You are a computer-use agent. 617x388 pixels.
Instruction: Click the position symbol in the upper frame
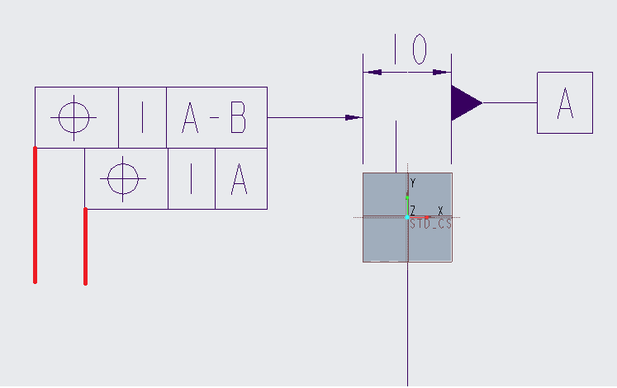click(x=74, y=117)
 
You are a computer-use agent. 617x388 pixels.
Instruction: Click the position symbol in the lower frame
click(x=123, y=179)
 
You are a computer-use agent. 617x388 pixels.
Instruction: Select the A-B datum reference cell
click(x=216, y=117)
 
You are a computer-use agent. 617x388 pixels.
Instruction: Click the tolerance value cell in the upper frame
click(x=142, y=117)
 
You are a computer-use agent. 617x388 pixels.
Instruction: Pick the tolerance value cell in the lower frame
click(x=192, y=179)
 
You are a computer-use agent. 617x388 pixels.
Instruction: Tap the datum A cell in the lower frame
click(x=241, y=179)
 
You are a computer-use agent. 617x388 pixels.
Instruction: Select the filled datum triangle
click(x=464, y=103)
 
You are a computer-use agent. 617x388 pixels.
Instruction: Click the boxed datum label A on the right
click(x=565, y=102)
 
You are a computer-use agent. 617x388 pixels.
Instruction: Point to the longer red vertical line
click(x=35, y=215)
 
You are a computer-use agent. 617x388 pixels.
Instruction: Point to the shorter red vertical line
click(x=85, y=247)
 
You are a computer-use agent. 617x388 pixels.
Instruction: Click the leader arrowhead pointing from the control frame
click(x=353, y=117)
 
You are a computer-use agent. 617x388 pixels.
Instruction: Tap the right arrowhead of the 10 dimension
click(x=442, y=73)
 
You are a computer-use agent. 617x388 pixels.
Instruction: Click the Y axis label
click(x=413, y=182)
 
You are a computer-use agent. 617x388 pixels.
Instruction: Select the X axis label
click(x=440, y=211)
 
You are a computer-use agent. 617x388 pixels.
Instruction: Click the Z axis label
click(x=412, y=211)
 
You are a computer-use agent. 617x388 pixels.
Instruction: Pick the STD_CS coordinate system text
click(x=430, y=224)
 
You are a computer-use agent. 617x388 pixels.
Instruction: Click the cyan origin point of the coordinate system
click(x=407, y=217)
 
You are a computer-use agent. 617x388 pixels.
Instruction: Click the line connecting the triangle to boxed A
click(x=510, y=103)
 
